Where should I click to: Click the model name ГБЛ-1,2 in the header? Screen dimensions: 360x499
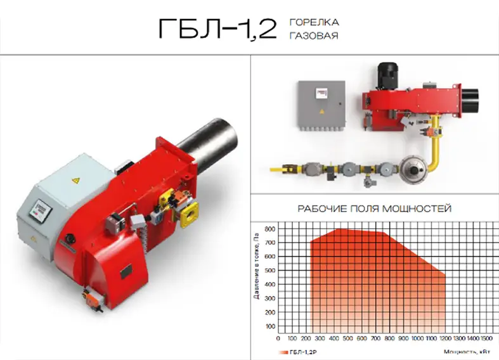(x=217, y=29)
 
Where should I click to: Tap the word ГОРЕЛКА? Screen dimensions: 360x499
(x=314, y=22)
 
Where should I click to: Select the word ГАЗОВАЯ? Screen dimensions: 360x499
(x=313, y=36)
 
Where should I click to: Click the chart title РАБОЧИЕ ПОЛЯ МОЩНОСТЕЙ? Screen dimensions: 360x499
(x=374, y=209)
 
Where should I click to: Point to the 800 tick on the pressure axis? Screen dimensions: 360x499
(x=269, y=229)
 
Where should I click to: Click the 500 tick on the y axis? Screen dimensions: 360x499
(x=269, y=271)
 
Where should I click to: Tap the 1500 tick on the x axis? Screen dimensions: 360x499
(x=486, y=339)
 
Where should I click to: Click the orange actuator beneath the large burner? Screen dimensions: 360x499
(x=89, y=295)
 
